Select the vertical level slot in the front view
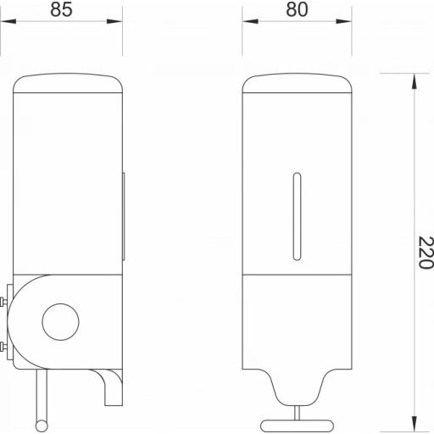tap(296, 216)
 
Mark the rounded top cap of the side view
tap(70, 85)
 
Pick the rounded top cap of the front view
tap(296, 85)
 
